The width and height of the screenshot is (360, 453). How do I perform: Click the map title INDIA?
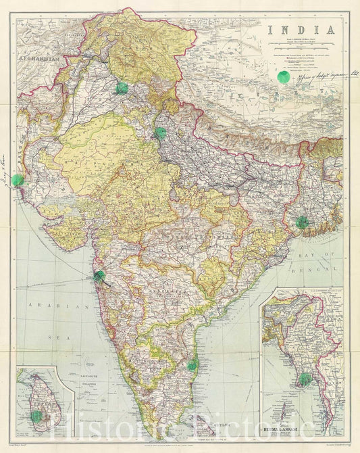point(302,30)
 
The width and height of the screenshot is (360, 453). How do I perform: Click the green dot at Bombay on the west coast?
point(100,275)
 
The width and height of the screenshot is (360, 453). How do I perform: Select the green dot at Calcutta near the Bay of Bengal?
point(302,222)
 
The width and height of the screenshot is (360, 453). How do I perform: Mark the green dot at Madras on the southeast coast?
point(193,364)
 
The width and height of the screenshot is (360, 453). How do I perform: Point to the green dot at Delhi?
point(161,133)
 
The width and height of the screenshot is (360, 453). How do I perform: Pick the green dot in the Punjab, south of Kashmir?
point(122,88)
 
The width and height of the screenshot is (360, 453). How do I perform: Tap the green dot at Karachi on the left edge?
point(18,180)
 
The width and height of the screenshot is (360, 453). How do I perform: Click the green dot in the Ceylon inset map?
point(36,416)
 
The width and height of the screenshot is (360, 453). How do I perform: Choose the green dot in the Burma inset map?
point(305,379)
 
